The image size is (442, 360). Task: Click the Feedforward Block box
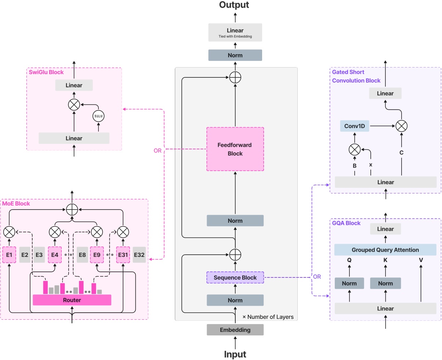click(235, 149)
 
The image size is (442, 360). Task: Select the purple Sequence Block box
click(235, 277)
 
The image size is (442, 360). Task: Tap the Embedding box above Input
click(235, 330)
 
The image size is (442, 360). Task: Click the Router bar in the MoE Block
click(72, 300)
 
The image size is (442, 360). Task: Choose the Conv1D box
click(354, 126)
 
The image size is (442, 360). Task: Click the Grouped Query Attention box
click(385, 250)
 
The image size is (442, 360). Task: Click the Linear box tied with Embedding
click(235, 32)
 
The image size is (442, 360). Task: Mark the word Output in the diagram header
click(234, 5)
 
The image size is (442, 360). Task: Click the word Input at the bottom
click(235, 354)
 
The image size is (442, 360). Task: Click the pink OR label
click(157, 150)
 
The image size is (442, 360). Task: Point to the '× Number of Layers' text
click(268, 317)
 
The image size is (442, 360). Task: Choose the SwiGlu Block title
click(46, 72)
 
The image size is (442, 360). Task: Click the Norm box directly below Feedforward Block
click(235, 221)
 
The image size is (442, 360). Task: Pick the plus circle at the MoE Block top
click(72, 210)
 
